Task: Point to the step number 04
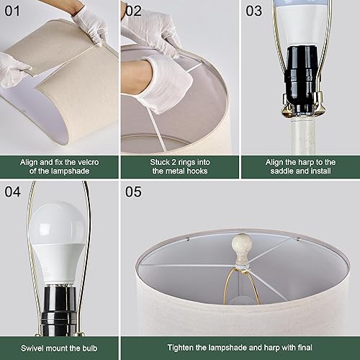pos(14,192)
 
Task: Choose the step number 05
pos(135,192)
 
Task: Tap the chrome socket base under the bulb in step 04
pos(57,302)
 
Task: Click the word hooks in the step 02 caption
pos(201,171)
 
